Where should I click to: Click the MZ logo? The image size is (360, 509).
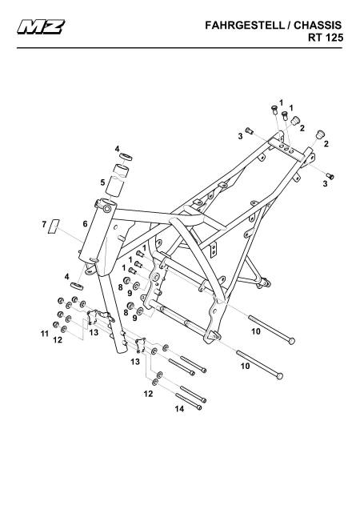click(x=41, y=27)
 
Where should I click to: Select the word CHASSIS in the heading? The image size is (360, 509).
click(x=318, y=26)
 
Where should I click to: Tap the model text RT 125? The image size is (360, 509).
click(x=326, y=38)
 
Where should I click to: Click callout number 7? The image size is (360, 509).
click(x=44, y=224)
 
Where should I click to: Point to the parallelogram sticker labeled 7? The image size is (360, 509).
click(x=54, y=226)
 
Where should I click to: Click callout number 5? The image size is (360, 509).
click(x=103, y=182)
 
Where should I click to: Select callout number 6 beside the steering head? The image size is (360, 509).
click(x=85, y=223)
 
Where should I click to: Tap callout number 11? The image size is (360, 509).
click(x=45, y=334)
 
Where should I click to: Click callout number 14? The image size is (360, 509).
click(x=179, y=409)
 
